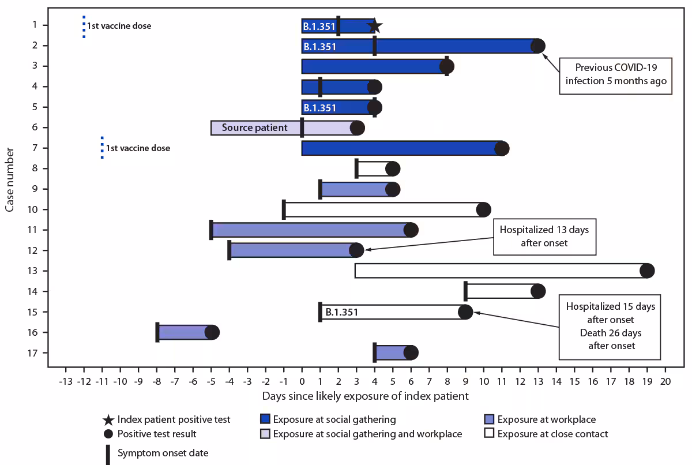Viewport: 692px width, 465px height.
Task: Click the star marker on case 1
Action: tap(374, 26)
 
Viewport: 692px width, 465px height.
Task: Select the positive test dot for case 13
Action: tap(647, 271)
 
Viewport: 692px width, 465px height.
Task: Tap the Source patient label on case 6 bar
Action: tap(254, 127)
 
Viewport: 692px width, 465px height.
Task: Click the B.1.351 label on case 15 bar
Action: tap(341, 312)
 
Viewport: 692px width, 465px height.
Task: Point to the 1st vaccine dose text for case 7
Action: tap(138, 148)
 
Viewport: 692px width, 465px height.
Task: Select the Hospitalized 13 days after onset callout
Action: tap(544, 236)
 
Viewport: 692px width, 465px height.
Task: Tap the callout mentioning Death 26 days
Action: tap(611, 326)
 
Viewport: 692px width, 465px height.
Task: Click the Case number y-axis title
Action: tap(10, 179)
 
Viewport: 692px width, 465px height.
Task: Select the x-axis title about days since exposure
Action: tap(365, 396)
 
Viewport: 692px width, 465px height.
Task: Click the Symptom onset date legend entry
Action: tap(163, 453)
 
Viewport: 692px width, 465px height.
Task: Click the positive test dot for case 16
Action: tap(212, 332)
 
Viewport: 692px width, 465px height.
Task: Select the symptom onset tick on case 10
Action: tap(284, 209)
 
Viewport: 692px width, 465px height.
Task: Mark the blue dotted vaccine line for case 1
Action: tap(84, 27)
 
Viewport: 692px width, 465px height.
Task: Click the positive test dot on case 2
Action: tap(537, 46)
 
